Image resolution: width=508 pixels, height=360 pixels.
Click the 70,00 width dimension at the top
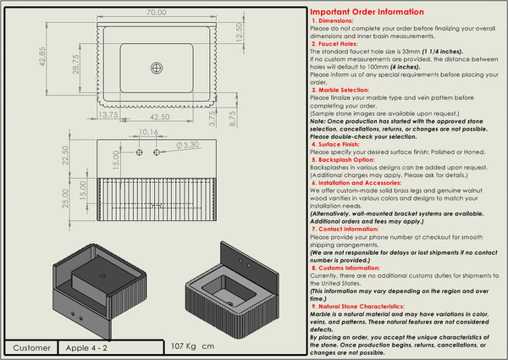pyautogui.click(x=154, y=14)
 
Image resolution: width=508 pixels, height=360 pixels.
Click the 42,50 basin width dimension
pyautogui.click(x=160, y=116)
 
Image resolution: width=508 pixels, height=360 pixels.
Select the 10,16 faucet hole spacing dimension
pyautogui.click(x=148, y=132)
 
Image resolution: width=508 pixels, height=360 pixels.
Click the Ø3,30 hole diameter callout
pyautogui.click(x=187, y=145)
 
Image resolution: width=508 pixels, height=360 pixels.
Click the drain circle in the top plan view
pyautogui.click(x=155, y=67)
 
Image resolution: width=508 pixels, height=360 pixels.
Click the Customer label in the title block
pyautogui.click(x=32, y=347)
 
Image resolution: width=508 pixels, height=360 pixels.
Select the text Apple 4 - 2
pyautogui.click(x=86, y=347)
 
